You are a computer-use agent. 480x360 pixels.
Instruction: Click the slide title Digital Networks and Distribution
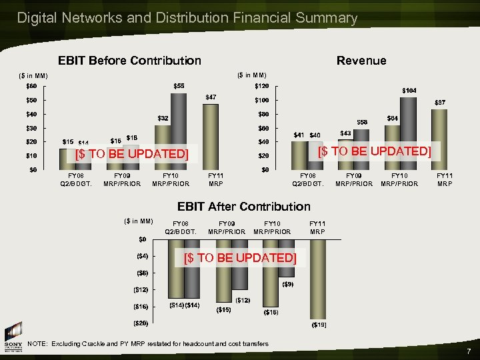tap(187, 18)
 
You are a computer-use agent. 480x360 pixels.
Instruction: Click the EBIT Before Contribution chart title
tap(129, 61)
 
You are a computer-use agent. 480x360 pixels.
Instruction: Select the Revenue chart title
tap(361, 61)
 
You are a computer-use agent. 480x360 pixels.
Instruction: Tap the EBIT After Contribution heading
tap(244, 206)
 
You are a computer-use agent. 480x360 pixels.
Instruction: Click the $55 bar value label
tap(179, 86)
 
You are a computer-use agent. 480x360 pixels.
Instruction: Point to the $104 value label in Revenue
tap(409, 90)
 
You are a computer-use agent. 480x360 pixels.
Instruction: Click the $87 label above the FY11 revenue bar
tap(441, 103)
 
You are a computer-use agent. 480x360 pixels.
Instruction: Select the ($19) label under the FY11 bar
tap(319, 325)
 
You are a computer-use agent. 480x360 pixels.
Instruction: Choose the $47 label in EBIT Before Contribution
tap(210, 97)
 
